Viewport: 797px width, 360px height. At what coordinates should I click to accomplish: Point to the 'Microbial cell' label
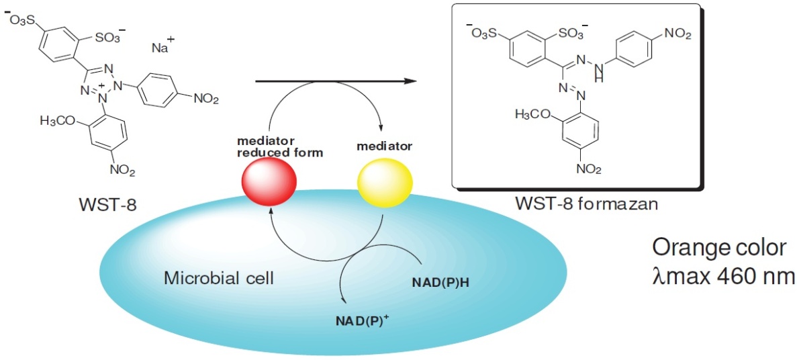[219, 277]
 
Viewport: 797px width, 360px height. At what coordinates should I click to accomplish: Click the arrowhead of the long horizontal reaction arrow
[408, 81]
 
